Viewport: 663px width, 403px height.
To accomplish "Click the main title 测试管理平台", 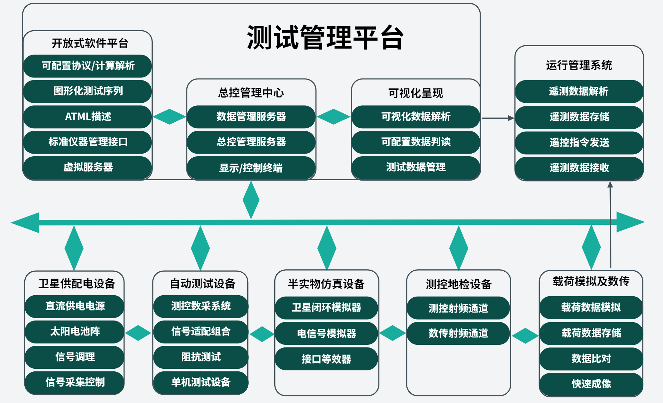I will (x=325, y=38).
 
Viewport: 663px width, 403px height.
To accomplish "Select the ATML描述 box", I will (x=88, y=117).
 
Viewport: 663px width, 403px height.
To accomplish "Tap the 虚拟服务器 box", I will (x=88, y=167).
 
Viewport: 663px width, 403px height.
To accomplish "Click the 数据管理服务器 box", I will (x=251, y=117).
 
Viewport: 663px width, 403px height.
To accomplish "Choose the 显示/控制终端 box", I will (x=251, y=168).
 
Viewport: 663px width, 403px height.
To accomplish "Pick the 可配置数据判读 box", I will (x=416, y=142).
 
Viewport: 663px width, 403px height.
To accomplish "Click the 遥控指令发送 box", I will (x=579, y=143).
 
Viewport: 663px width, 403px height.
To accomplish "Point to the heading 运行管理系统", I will (x=579, y=65).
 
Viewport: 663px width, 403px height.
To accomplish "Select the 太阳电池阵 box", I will (x=75, y=332).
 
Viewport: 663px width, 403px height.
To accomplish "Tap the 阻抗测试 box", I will (x=201, y=357).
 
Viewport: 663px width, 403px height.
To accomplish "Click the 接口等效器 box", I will (x=326, y=359).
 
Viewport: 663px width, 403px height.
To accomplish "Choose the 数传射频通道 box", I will (x=458, y=333).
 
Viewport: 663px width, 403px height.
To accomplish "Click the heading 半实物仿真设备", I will (x=326, y=284).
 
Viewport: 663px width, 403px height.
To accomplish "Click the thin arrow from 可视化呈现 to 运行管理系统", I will (x=498, y=118).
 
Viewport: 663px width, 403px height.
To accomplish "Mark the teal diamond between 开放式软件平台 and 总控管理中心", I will (x=169, y=117).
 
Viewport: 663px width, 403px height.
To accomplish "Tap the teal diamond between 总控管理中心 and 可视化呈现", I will (x=333, y=117).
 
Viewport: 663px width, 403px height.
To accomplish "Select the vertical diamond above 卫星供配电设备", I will (x=74, y=248).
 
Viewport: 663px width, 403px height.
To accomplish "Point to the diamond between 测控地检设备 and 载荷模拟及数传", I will (x=525, y=336).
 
